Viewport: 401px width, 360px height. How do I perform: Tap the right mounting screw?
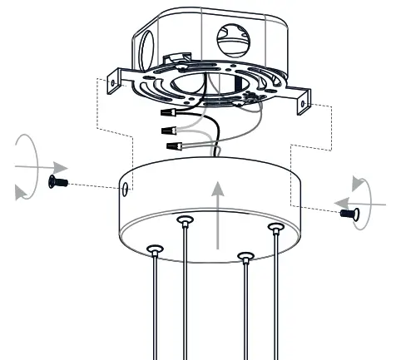click(x=348, y=214)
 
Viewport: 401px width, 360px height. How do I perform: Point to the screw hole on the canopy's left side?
click(x=126, y=190)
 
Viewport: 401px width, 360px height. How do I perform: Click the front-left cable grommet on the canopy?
click(x=154, y=249)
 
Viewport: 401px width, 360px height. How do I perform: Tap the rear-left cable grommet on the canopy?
click(x=184, y=219)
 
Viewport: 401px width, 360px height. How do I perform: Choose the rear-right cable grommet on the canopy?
click(x=275, y=226)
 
